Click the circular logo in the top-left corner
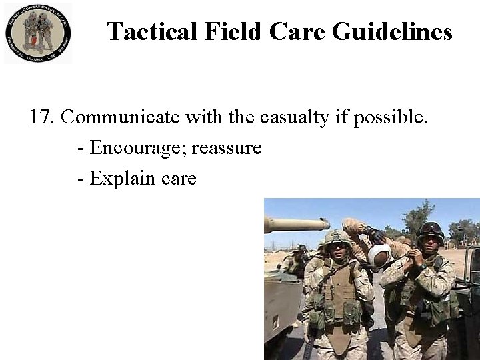click(39, 33)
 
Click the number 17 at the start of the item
click(41, 117)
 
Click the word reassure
click(227, 147)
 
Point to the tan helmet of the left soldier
click(337, 237)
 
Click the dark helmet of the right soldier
click(431, 231)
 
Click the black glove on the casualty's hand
click(373, 235)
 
